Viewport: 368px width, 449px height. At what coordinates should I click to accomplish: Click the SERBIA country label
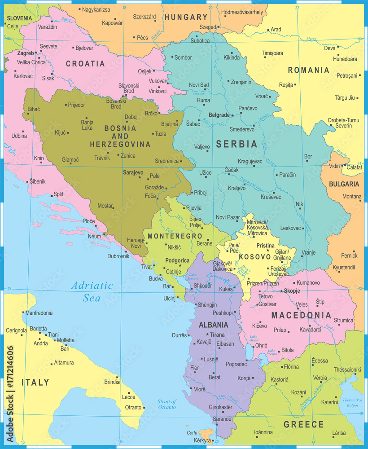click(x=237, y=144)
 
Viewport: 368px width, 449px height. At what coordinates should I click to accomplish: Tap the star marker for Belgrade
click(x=232, y=115)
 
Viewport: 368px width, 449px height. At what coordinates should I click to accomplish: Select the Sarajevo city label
click(x=133, y=172)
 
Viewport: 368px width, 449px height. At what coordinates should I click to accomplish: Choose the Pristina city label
click(x=265, y=246)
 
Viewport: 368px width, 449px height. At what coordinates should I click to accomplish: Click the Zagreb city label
click(x=25, y=53)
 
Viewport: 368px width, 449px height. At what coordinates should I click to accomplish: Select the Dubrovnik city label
click(x=118, y=256)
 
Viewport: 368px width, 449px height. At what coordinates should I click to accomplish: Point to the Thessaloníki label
click(x=347, y=370)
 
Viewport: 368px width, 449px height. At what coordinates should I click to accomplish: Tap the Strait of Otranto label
click(x=166, y=404)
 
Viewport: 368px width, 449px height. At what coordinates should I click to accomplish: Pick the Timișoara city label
click(x=273, y=53)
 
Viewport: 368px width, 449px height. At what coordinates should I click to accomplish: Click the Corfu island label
click(x=192, y=432)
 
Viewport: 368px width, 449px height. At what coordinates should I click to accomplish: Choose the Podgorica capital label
click(x=177, y=260)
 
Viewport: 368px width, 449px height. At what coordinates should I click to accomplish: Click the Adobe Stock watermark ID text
click(x=9, y=393)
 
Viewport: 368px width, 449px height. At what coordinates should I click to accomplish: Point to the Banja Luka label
click(x=87, y=124)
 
